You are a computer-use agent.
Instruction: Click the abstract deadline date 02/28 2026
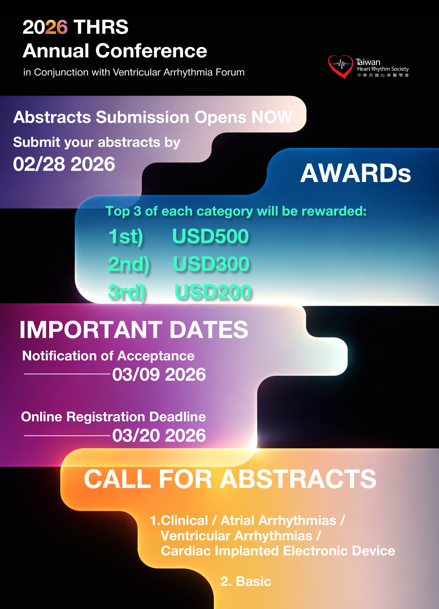pos(64,164)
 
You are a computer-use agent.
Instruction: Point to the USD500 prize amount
pos(211,236)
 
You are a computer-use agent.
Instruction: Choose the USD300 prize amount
pos(211,264)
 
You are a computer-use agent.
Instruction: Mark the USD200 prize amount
pos(213,292)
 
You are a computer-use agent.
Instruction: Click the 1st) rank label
pos(126,237)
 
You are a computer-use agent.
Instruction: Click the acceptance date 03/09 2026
pos(159,374)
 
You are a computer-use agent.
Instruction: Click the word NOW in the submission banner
pos(272,117)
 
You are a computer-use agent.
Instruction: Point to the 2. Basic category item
pos(246,581)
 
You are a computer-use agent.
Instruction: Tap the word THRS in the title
pos(101,27)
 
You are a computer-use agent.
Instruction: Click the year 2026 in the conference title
pos(45,27)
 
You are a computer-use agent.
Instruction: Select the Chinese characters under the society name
pos(383,75)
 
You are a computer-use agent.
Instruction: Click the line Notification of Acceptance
pos(108,356)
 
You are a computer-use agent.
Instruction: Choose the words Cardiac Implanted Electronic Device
pos(278,551)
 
